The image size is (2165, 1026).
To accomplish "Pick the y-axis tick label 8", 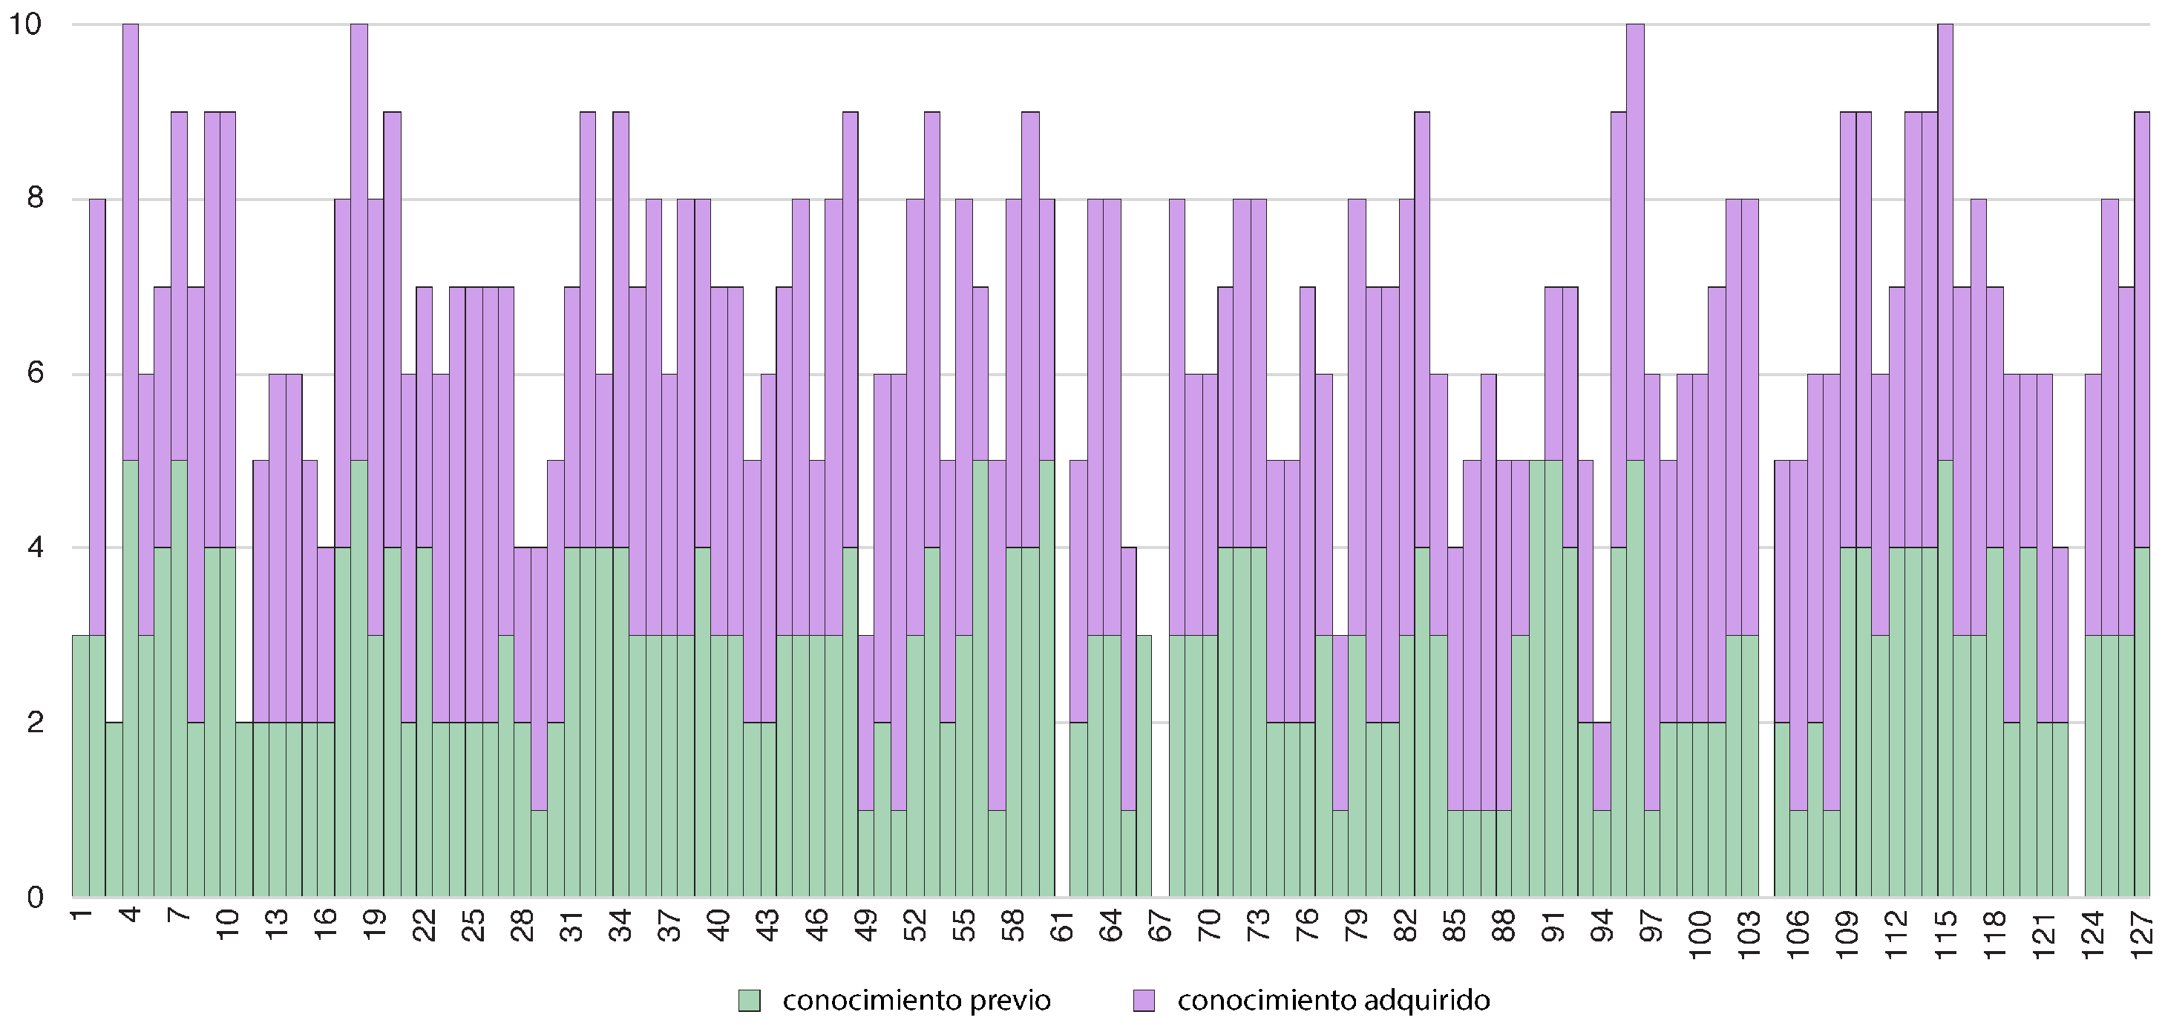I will click(34, 199).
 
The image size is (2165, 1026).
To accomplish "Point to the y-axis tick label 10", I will click(24, 24).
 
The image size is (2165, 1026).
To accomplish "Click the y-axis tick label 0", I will click(34, 898).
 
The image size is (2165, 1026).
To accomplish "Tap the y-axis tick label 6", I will click(34, 374).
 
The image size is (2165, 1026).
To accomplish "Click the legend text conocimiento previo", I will click(916, 1001).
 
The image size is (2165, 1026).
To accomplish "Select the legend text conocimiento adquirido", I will click(1333, 1001).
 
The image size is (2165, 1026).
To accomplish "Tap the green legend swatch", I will click(749, 1001).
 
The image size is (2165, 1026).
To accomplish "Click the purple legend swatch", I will click(1144, 1001).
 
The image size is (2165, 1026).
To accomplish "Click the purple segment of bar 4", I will click(131, 242).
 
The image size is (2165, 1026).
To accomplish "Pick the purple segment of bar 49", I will click(866, 723).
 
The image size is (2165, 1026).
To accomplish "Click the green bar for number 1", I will click(81, 766).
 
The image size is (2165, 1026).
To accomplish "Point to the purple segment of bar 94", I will click(1602, 766).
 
